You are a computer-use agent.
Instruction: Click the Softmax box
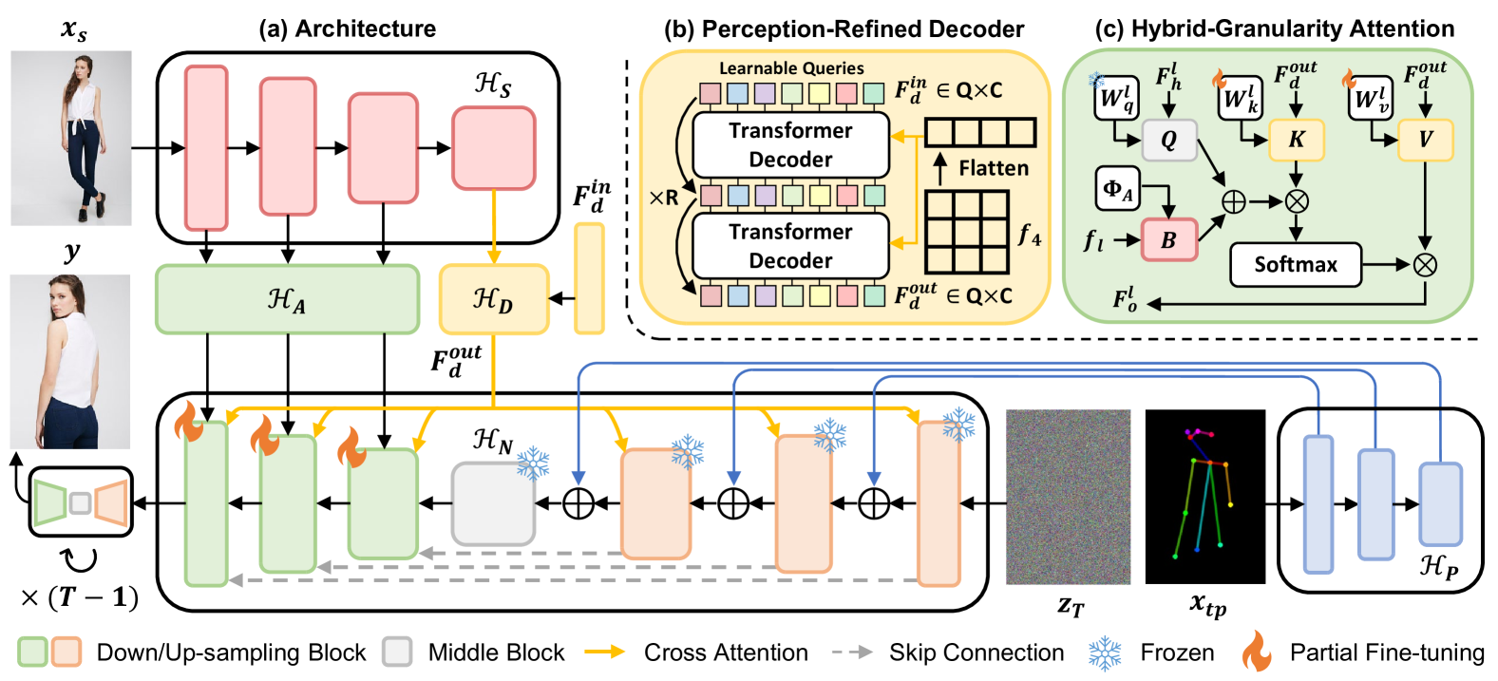(1295, 265)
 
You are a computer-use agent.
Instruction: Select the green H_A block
(287, 299)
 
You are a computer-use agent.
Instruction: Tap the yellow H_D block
(493, 299)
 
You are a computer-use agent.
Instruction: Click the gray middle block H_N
(493, 502)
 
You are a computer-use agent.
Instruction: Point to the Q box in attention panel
(1168, 140)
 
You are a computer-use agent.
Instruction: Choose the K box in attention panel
(1296, 140)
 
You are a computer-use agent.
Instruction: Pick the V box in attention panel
(1425, 140)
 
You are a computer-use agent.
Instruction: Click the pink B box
(1168, 240)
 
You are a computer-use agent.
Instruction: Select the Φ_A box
(1118, 189)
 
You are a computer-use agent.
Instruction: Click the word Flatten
(993, 168)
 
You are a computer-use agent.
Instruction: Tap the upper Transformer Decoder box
(790, 144)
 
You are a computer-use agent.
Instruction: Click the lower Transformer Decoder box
(790, 246)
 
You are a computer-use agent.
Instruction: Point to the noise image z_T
(1068, 496)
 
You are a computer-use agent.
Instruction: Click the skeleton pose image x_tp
(1204, 496)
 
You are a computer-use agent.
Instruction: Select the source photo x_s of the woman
(71, 138)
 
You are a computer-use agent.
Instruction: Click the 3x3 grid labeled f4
(966, 232)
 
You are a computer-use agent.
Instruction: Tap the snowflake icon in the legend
(1105, 653)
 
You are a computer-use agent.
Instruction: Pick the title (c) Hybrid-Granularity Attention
(1274, 29)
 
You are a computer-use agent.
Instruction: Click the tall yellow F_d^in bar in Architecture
(589, 278)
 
